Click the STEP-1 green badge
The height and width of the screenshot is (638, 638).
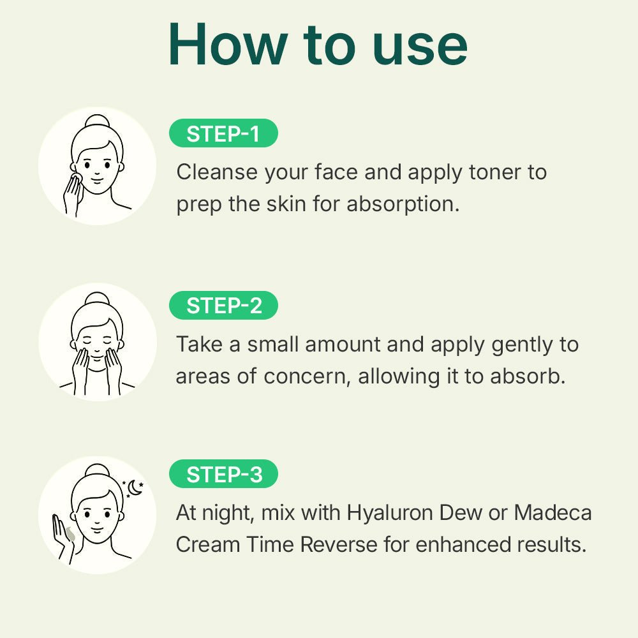pos(223,133)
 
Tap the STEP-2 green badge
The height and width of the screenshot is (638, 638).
pos(223,306)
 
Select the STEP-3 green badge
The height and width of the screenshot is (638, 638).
pos(223,475)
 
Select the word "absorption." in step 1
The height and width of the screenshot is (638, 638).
pos(403,205)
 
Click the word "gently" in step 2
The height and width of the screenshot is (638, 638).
pos(522,345)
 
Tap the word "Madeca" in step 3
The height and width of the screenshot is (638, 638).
pos(553,512)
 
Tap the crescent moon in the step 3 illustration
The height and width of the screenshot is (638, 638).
pos(134,488)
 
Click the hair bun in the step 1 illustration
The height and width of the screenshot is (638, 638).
pos(97,122)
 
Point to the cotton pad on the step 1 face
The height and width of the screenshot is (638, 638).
pos(74,176)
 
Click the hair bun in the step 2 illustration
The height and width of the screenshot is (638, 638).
pos(97,299)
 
